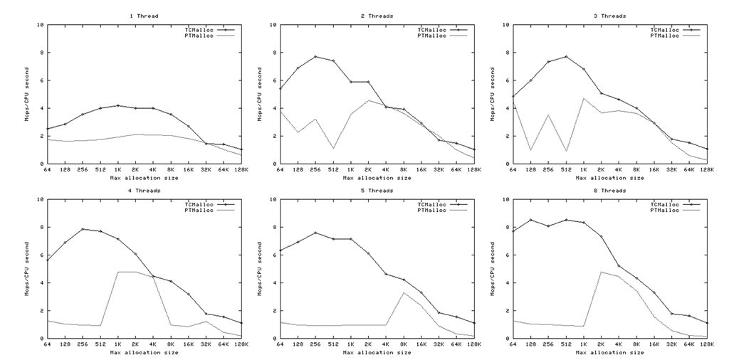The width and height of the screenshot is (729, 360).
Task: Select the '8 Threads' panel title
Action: point(610,190)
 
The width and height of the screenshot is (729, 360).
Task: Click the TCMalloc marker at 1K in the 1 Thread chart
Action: point(117,105)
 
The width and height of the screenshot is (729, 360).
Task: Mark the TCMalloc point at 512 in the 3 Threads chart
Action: point(566,57)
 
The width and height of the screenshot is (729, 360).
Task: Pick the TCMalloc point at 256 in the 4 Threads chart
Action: point(82,229)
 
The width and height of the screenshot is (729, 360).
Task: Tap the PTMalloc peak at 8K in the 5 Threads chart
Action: point(404,292)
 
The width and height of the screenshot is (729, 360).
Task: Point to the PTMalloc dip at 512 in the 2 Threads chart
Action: point(333,148)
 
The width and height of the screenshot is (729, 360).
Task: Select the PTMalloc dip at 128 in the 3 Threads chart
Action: point(530,149)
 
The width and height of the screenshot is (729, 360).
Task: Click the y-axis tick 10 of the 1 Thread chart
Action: point(41,25)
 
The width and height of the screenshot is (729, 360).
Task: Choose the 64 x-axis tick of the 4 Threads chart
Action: point(46,344)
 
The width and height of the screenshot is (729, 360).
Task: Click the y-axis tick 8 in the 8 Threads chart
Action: point(506,227)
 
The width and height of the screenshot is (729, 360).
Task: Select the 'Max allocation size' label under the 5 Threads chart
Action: point(377,351)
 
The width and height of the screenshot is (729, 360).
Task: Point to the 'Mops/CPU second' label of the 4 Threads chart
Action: point(26,268)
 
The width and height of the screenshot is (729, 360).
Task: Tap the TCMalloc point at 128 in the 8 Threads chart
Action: point(530,220)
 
